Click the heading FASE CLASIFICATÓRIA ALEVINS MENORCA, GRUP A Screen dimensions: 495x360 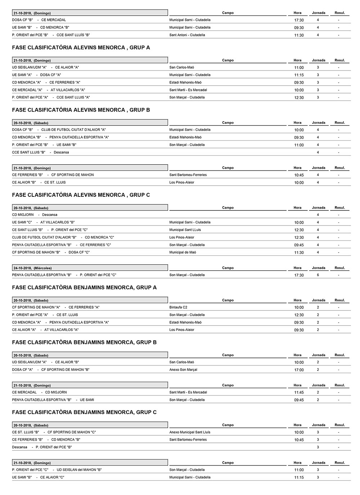click(81, 47)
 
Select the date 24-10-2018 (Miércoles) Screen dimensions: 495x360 click(32, 268)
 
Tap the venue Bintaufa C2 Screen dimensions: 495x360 click(178, 307)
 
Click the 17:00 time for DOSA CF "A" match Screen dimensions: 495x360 click(299, 370)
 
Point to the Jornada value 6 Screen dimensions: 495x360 click(318, 275)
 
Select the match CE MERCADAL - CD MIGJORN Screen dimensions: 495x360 click(39, 392)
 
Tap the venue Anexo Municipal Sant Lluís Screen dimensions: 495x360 click(190, 432)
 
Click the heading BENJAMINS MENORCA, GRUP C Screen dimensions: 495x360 click(84, 412)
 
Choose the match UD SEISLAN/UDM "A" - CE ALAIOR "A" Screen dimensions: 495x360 click(45, 67)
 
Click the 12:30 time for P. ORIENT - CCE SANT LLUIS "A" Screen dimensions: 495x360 click(299, 97)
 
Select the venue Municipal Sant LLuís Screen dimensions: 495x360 click(185, 230)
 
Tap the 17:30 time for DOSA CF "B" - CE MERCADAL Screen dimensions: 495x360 click(299, 20)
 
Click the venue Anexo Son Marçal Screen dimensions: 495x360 click(183, 369)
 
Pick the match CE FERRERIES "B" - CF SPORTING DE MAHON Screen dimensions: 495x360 click(53, 175)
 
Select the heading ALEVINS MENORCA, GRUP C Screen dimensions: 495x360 click(81, 195)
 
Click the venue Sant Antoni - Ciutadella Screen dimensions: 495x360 click(187, 35)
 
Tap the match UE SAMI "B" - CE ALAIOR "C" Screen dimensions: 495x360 click(38, 477)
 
